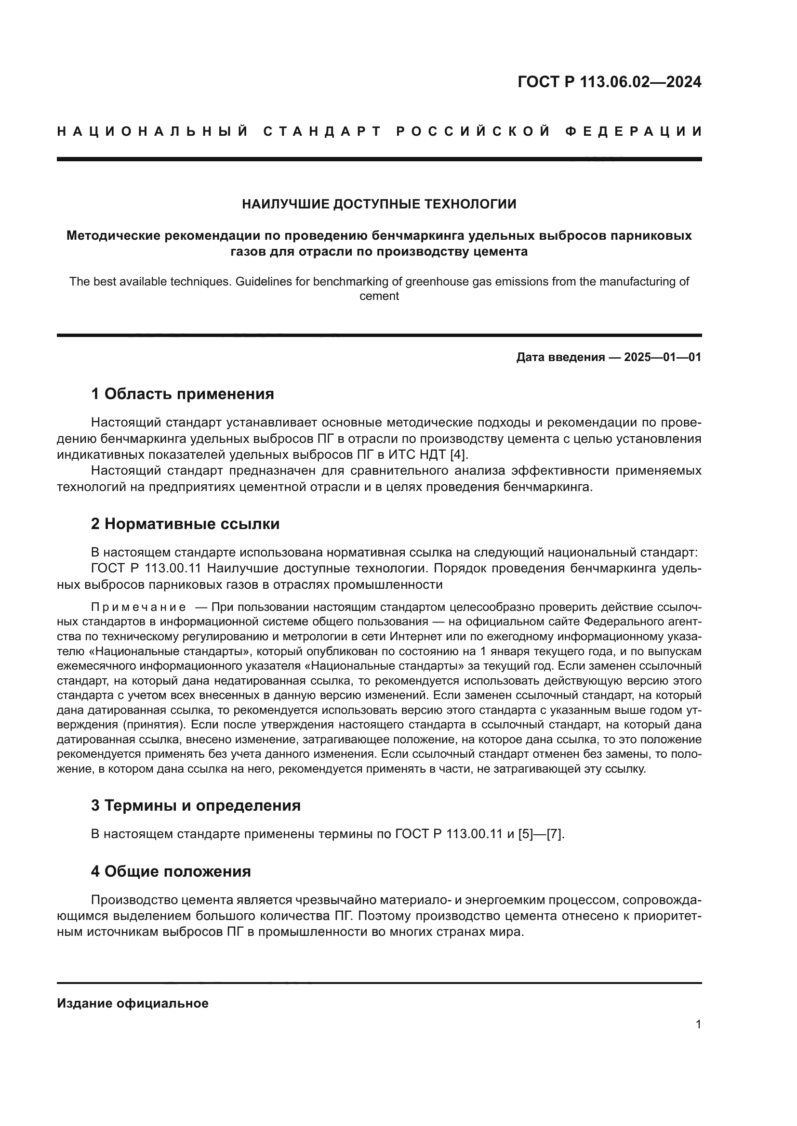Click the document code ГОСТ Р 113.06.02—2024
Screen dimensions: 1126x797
(x=609, y=82)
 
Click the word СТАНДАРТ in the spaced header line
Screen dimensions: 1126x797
(x=322, y=131)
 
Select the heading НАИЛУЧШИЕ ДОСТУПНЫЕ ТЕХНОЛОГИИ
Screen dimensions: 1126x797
(x=379, y=204)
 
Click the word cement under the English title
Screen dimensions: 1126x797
(x=379, y=296)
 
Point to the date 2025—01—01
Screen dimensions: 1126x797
(x=663, y=357)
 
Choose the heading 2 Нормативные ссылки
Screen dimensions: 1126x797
(x=185, y=524)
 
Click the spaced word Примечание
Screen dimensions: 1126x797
(x=138, y=607)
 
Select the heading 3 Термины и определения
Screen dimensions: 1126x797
(x=195, y=805)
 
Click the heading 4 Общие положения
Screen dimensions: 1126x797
(x=171, y=871)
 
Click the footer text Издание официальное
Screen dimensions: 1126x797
(x=133, y=1003)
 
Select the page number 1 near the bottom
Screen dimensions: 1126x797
(x=698, y=1024)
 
